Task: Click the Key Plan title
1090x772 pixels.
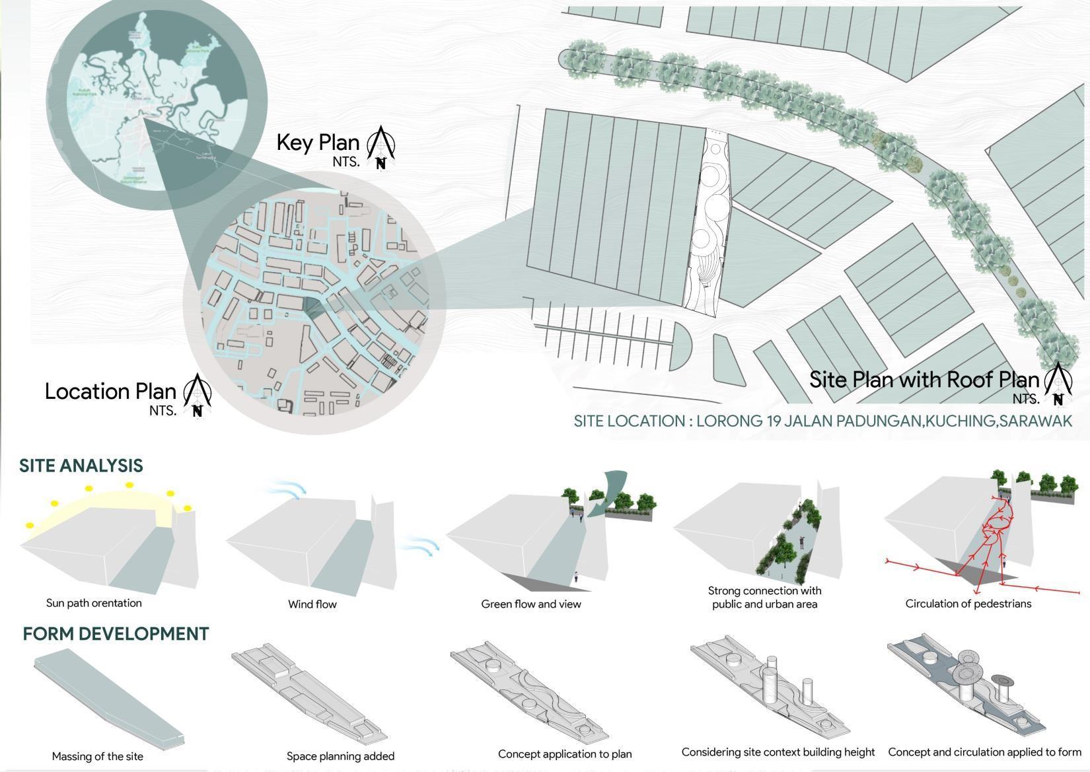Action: tap(318, 142)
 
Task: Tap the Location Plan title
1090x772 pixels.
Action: tap(110, 391)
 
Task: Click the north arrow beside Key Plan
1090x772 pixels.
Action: tap(381, 147)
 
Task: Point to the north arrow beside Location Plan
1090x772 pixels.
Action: tap(197, 395)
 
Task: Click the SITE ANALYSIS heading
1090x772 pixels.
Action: tap(81, 466)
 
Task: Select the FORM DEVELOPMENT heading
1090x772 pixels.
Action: tap(116, 634)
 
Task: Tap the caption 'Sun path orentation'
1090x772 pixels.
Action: tap(94, 603)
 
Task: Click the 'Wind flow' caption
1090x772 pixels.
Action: tap(312, 604)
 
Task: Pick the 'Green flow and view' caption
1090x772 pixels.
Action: tap(531, 604)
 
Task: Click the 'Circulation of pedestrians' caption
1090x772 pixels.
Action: tap(968, 604)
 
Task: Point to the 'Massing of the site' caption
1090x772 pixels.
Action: tap(97, 756)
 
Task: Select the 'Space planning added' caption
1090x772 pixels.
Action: tap(340, 756)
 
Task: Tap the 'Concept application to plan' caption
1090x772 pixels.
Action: tap(565, 754)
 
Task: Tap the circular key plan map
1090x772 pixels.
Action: tap(157, 99)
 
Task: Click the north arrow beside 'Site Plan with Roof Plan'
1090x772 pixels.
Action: tap(1058, 384)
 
